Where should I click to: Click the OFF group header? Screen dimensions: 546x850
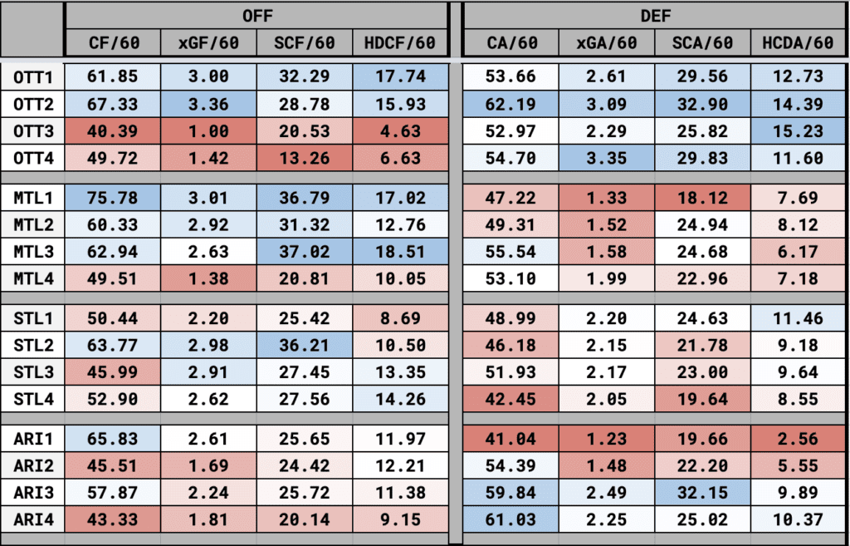pyautogui.click(x=256, y=16)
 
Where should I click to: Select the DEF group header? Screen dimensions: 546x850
pyautogui.click(x=655, y=16)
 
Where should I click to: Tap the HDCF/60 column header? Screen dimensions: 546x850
pyautogui.click(x=401, y=42)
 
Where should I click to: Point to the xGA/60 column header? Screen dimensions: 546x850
pyautogui.click(x=606, y=42)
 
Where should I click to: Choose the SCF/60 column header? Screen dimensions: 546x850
pyautogui.click(x=304, y=42)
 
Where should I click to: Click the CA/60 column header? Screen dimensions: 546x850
pyautogui.click(x=510, y=42)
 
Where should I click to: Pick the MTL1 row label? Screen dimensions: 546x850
pyautogui.click(x=32, y=199)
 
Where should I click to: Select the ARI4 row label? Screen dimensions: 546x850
pyautogui.click(x=32, y=520)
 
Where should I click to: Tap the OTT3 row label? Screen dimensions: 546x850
pyautogui.click(x=32, y=131)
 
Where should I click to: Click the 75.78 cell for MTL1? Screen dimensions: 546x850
pyautogui.click(x=112, y=199)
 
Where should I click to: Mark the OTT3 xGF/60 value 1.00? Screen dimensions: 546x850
pyautogui.click(x=208, y=131)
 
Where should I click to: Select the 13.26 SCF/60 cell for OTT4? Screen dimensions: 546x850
pyautogui.click(x=304, y=158)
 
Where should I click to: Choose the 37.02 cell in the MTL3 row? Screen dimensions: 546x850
pyautogui.click(x=304, y=252)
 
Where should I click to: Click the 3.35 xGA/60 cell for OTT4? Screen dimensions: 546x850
pyautogui.click(x=606, y=158)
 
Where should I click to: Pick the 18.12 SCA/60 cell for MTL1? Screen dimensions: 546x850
pyautogui.click(x=702, y=199)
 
